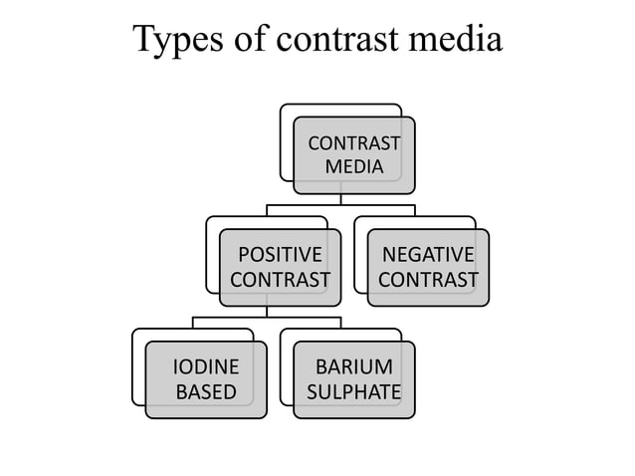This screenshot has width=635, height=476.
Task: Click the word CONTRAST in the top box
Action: pyautogui.click(x=353, y=143)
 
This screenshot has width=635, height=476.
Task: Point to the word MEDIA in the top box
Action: pyautogui.click(x=353, y=166)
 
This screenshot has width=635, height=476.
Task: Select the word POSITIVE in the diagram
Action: pyautogui.click(x=280, y=255)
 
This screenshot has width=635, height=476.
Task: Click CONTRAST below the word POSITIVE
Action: pyautogui.click(x=280, y=280)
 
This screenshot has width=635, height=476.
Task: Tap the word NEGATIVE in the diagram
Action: pyautogui.click(x=428, y=255)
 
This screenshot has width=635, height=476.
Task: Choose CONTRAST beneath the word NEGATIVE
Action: pyautogui.click(x=428, y=280)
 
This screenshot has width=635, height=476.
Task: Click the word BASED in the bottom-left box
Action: pyautogui.click(x=206, y=391)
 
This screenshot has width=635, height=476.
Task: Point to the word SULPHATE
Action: pyautogui.click(x=353, y=391)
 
